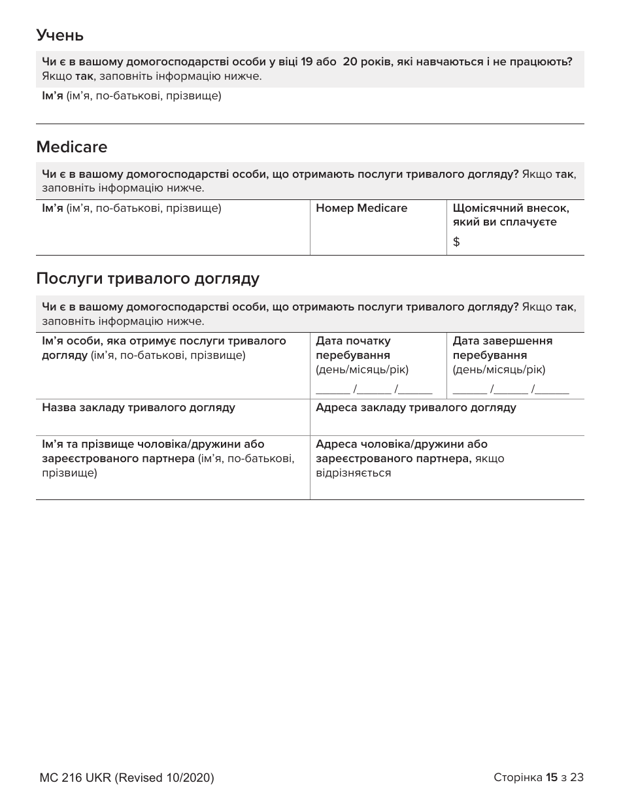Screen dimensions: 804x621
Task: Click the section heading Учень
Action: [x=59, y=35]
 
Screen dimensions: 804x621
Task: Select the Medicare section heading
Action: [x=72, y=147]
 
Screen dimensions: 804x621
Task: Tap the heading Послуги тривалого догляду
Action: [x=148, y=279]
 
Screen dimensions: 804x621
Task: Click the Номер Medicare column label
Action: [x=361, y=209]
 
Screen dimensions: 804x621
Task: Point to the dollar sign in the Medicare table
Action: [x=456, y=242]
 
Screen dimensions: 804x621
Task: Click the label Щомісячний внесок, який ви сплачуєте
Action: [x=511, y=215]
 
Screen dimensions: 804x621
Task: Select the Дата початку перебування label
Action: [x=353, y=348]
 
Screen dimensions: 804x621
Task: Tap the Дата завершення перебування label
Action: [x=502, y=348]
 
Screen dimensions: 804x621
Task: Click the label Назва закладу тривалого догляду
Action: [x=139, y=408]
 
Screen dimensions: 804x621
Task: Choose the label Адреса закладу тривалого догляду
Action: [x=416, y=408]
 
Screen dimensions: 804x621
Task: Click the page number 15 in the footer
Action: [x=552, y=777]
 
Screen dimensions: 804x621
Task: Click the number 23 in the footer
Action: [x=577, y=777]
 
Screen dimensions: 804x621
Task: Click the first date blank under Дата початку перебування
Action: [x=333, y=391]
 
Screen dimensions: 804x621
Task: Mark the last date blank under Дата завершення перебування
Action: [x=554, y=391]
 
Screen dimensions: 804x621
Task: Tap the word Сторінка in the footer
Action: [x=518, y=777]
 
